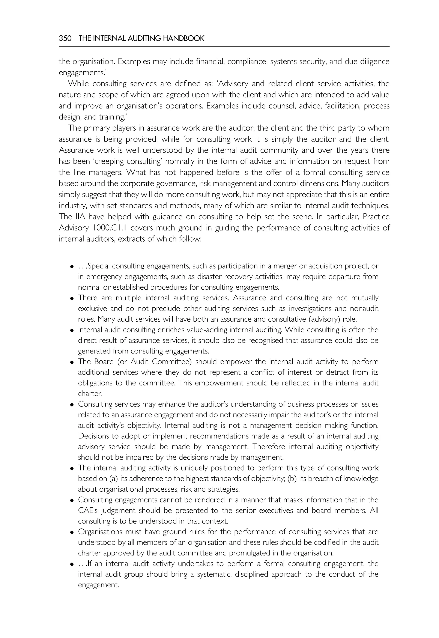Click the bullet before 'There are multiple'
[x=72, y=298]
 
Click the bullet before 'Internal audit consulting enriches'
[x=72, y=330]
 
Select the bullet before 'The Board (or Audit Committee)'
[x=72, y=362]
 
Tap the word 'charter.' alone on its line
[x=90, y=394]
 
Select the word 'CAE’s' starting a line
[x=87, y=511]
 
